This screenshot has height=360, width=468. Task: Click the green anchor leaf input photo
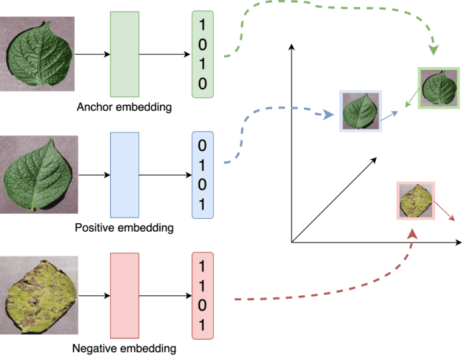[37, 55]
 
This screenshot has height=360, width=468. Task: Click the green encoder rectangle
[124, 54]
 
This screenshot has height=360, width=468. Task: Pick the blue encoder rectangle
[124, 174]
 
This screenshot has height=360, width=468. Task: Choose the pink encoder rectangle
[124, 295]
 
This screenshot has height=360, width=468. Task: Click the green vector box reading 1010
[202, 54]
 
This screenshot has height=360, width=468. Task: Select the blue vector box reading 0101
[202, 174]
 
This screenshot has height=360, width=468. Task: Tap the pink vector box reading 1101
[202, 295]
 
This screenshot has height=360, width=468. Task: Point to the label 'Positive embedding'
[124, 228]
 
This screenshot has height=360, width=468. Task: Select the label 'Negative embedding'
[124, 350]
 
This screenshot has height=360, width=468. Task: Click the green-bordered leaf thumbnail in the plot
[438, 87]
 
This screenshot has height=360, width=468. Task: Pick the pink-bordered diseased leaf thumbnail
[415, 200]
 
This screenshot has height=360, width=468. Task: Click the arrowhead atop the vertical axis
[292, 48]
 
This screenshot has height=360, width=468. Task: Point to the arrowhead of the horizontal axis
[459, 243]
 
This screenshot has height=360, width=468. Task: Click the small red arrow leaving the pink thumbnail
[446, 212]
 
